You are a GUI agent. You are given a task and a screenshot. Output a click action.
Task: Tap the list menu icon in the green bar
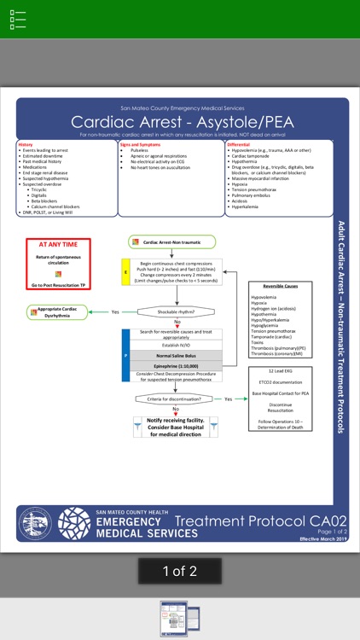click(18, 19)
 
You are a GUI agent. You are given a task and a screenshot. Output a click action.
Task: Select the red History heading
click(26, 145)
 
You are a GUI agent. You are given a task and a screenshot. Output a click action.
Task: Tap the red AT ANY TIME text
click(59, 244)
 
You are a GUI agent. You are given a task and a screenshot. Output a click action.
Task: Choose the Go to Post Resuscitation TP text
click(59, 283)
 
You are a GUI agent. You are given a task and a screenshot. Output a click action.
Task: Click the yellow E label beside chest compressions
click(126, 273)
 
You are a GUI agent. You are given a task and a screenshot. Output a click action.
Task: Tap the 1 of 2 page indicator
click(180, 571)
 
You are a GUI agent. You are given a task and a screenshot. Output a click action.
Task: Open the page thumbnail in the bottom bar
click(180, 619)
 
